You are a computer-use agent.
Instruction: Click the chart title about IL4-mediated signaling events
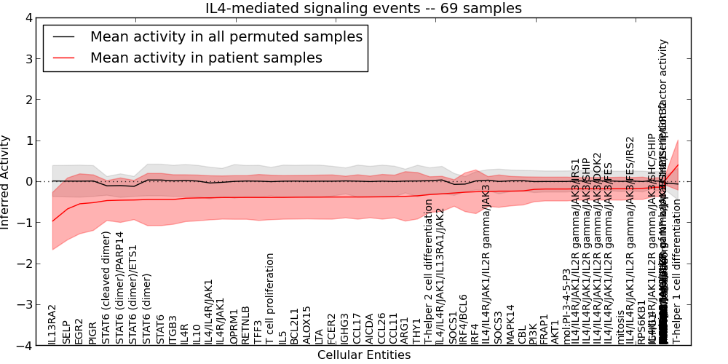[364, 9]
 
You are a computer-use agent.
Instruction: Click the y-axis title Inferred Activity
[6, 181]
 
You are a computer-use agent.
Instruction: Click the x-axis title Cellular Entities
[364, 355]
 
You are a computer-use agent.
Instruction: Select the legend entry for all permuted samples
[226, 37]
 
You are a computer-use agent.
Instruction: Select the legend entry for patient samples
[206, 58]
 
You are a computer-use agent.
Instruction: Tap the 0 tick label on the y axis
[28, 181]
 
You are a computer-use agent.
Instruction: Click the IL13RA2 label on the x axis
[52, 325]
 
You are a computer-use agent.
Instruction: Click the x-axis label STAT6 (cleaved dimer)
[106, 288]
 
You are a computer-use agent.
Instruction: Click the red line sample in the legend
[64, 58]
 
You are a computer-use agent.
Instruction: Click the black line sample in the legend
[64, 37]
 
